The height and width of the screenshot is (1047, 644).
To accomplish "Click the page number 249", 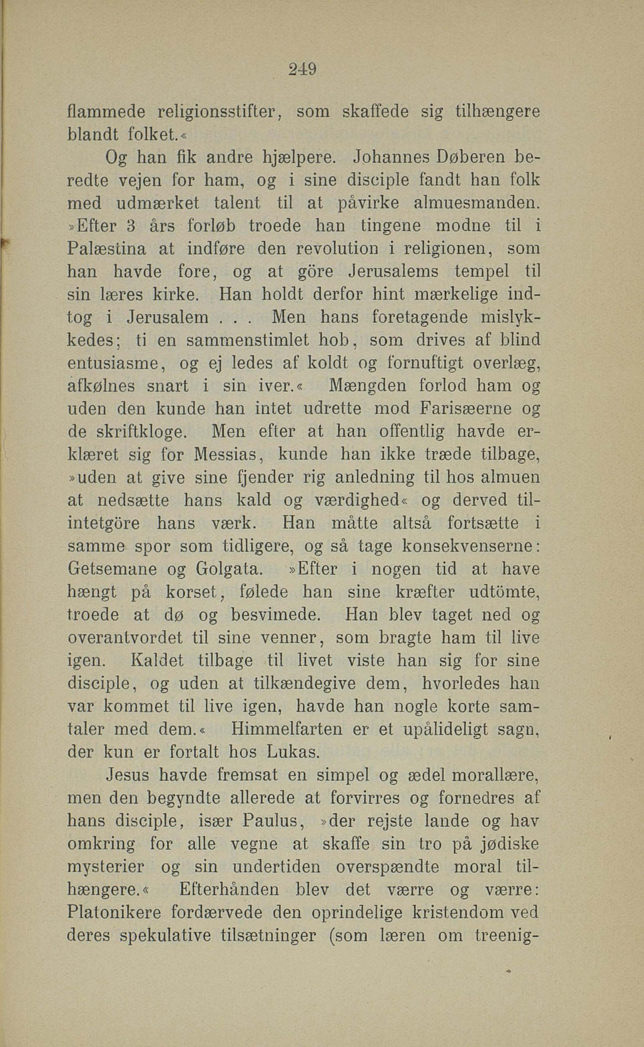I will [x=302, y=69].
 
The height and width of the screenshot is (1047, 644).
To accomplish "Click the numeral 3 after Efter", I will [x=132, y=226].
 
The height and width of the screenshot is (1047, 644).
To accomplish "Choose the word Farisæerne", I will [x=467, y=409].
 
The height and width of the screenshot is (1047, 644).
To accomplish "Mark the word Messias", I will [x=226, y=455].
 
